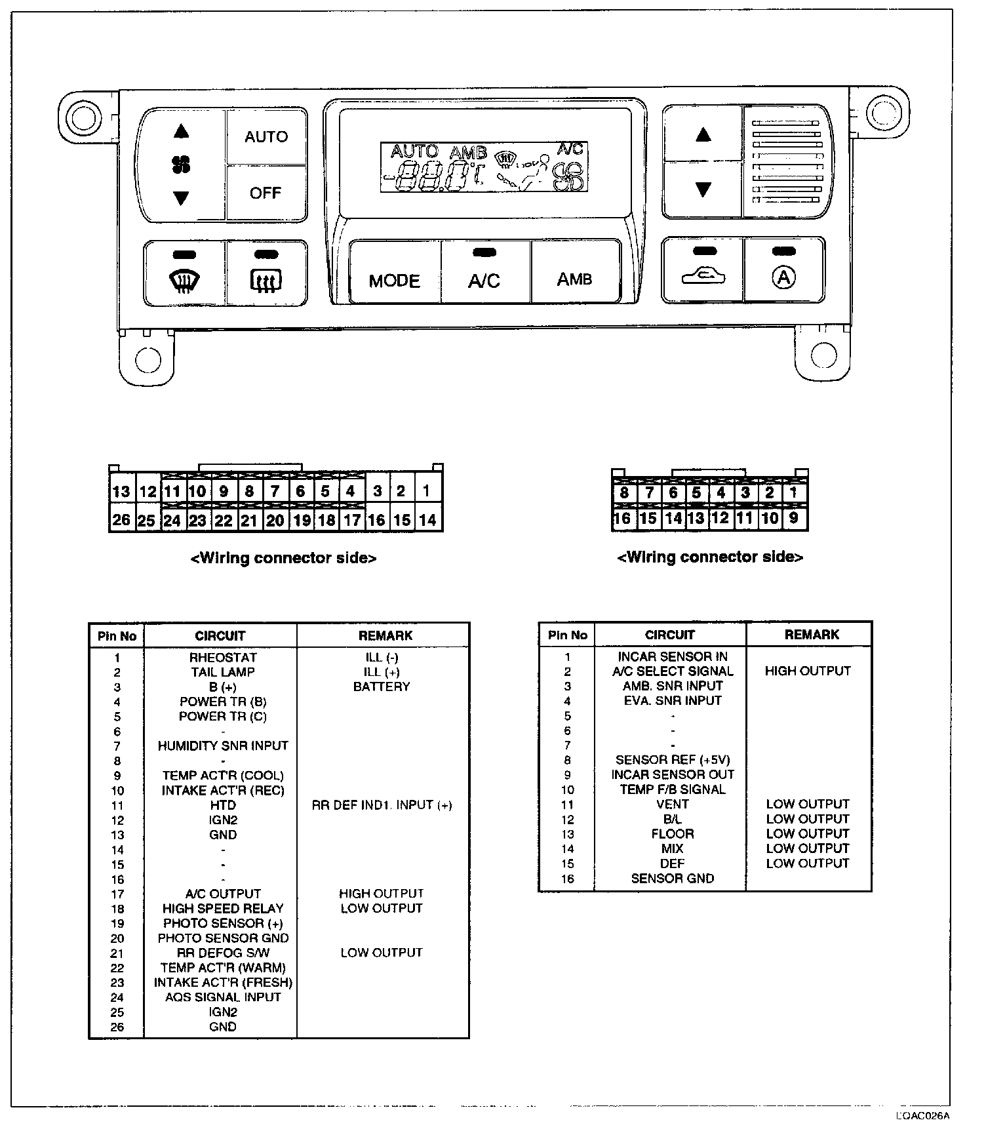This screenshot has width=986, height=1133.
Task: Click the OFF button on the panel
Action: (x=266, y=193)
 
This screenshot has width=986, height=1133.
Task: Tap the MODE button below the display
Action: (x=394, y=281)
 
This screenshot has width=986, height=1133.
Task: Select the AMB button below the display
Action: (x=575, y=279)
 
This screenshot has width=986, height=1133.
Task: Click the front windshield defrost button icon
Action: (x=184, y=281)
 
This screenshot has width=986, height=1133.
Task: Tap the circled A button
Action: (x=783, y=277)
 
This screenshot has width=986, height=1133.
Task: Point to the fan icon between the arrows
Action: (x=182, y=164)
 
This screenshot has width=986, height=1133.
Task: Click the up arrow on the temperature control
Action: (x=703, y=135)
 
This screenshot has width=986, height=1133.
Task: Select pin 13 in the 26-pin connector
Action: (x=121, y=492)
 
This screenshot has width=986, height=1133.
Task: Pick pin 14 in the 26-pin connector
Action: (x=427, y=520)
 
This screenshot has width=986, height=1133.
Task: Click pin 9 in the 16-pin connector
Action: (x=794, y=519)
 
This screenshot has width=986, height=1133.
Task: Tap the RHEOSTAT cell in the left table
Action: (x=223, y=658)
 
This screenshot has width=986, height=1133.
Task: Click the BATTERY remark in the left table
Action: (x=382, y=686)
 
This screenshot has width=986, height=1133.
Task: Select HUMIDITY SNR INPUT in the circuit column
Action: (x=223, y=745)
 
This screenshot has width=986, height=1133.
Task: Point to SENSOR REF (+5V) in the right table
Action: (x=672, y=760)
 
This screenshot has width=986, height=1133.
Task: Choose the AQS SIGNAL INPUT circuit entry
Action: (x=223, y=997)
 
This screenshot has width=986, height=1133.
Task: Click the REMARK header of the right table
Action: (x=812, y=635)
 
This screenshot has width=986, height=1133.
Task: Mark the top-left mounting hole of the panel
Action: (x=83, y=119)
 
